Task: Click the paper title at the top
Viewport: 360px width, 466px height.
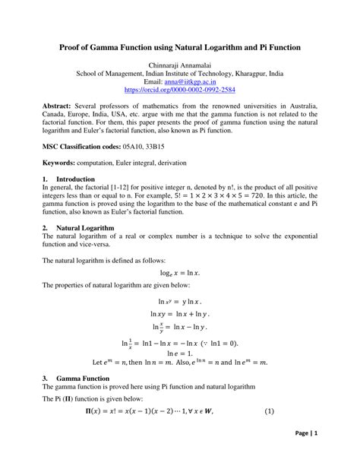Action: coord(180,47)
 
